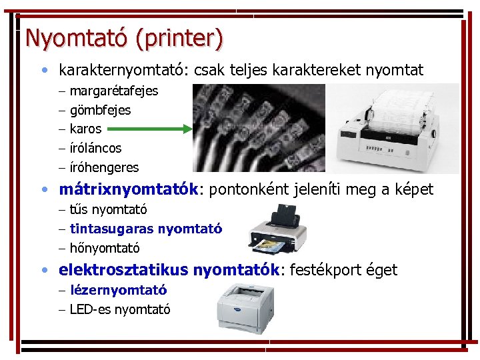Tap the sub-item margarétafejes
tap(113, 91)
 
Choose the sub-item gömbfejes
tap(100, 110)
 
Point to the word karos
tap(85, 129)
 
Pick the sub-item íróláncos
tap(95, 148)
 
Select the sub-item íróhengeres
tap(104, 167)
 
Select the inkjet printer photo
tap(280, 230)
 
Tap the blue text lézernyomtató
tap(118, 290)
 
